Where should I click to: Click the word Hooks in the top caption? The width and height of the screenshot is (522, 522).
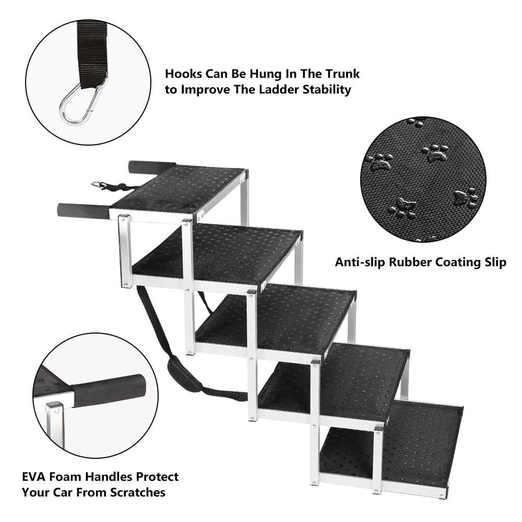183,74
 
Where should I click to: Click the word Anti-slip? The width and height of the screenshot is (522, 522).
361,263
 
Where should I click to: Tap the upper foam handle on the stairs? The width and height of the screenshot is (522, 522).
152,167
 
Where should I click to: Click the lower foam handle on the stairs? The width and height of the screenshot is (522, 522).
83,211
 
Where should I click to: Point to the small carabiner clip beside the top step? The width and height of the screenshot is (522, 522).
99,184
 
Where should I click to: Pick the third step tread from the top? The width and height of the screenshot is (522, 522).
276,319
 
